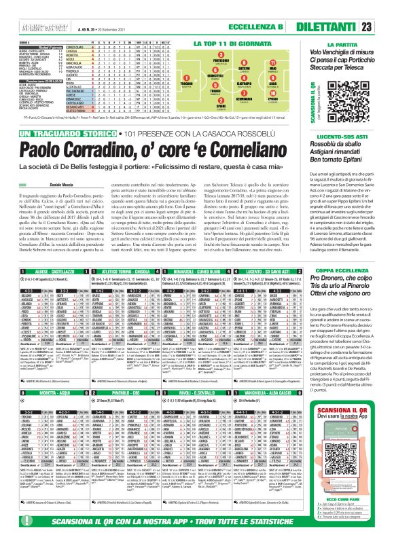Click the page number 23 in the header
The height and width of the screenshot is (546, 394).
point(384,26)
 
